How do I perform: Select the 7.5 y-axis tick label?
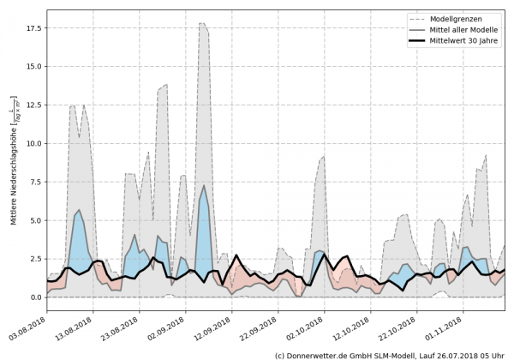click(x=36, y=182)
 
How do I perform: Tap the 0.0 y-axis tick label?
click(x=36, y=297)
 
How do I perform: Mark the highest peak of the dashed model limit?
click(x=202, y=23)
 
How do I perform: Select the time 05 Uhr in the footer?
click(x=491, y=354)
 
